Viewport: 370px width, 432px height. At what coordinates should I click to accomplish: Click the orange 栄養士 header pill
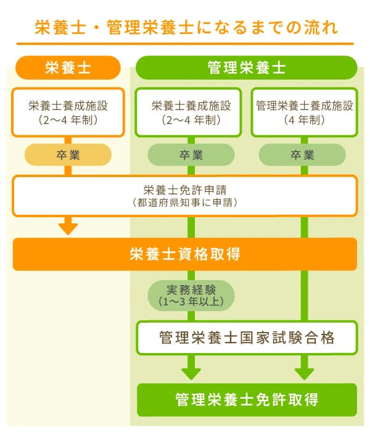click(x=68, y=67)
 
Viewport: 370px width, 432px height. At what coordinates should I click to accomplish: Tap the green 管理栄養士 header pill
click(x=247, y=67)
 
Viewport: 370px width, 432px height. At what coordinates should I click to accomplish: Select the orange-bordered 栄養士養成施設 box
click(x=68, y=112)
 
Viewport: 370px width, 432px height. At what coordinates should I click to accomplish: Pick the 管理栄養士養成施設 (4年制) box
click(x=305, y=112)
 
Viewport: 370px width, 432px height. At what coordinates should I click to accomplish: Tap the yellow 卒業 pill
click(x=68, y=155)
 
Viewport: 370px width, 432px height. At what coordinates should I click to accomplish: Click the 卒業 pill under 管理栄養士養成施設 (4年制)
click(x=302, y=155)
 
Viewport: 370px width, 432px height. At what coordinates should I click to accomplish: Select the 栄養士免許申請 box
click(x=185, y=196)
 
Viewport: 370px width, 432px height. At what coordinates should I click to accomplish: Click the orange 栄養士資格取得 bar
click(x=185, y=254)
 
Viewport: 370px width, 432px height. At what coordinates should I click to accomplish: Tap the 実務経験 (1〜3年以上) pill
click(x=191, y=296)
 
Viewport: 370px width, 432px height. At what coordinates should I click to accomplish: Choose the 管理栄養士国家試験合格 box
click(x=247, y=338)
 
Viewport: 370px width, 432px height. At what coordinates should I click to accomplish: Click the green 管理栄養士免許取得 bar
click(x=247, y=399)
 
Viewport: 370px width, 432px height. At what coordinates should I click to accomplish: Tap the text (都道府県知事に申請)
click(x=185, y=203)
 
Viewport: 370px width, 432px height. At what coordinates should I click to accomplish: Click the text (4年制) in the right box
click(x=305, y=120)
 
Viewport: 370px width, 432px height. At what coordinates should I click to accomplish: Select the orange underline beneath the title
click(x=185, y=44)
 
